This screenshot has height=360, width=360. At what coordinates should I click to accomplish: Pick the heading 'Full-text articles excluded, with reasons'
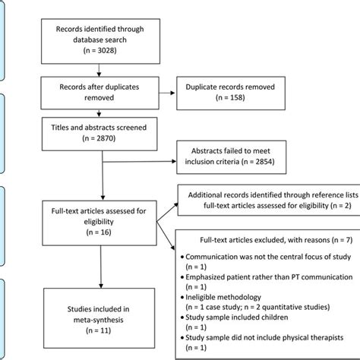(x=258, y=239)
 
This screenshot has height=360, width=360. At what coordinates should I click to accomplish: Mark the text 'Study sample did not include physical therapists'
(x=263, y=336)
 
